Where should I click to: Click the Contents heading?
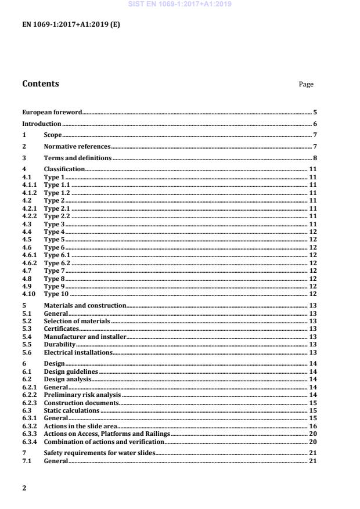[x=41, y=84]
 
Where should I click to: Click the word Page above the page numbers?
[x=306, y=85]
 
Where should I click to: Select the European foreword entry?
[x=52, y=112]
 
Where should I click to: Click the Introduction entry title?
[x=42, y=124]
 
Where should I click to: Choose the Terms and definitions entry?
[x=78, y=158]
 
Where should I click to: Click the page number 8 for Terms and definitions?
[x=315, y=158]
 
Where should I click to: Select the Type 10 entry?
[x=56, y=294]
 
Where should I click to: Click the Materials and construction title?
[x=85, y=305]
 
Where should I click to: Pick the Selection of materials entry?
[x=77, y=321]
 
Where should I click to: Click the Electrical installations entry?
[x=78, y=352]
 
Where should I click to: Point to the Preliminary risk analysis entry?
[x=82, y=395]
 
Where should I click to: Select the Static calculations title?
[x=71, y=410]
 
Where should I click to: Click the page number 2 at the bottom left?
[x=24, y=488]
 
